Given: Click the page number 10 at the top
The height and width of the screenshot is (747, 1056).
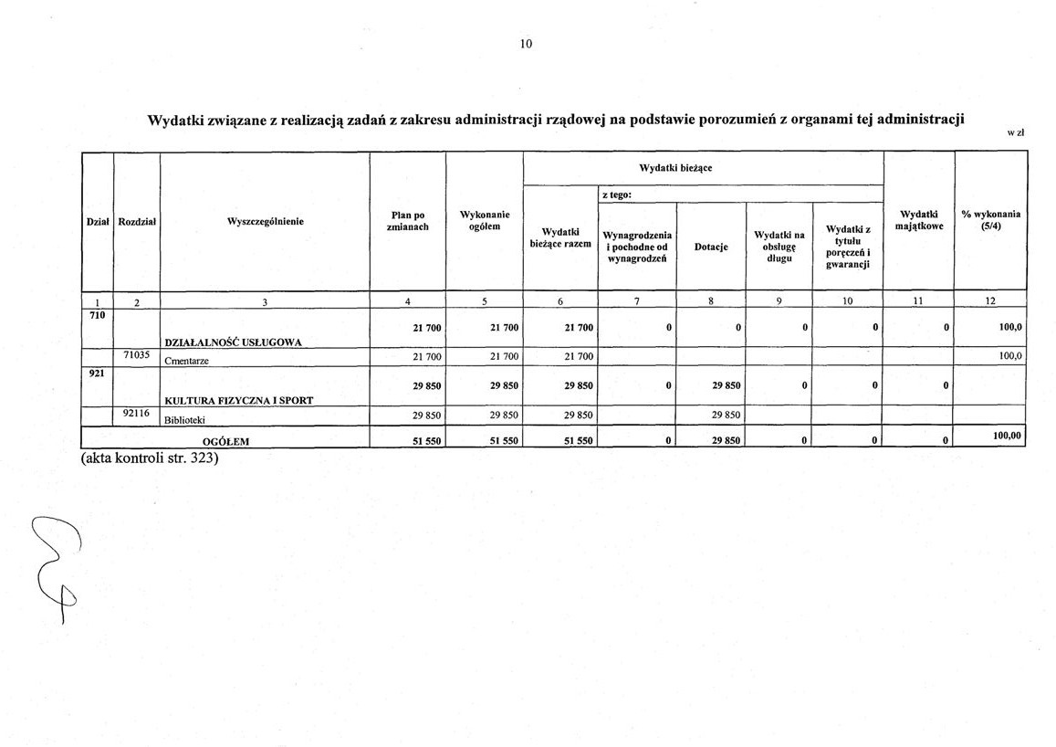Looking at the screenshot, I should click(526, 44).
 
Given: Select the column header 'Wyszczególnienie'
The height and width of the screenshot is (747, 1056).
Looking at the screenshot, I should click(265, 221).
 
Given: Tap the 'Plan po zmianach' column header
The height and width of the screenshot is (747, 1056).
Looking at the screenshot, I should click(407, 221).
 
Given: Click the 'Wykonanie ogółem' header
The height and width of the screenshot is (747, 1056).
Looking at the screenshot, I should click(484, 221).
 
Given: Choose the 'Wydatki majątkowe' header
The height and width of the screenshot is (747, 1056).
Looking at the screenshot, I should click(919, 220).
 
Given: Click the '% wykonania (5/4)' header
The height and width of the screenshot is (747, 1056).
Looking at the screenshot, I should click(990, 220).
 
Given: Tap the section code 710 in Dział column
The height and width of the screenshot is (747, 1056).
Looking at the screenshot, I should click(97, 315).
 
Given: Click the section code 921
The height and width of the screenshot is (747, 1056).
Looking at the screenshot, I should click(97, 373).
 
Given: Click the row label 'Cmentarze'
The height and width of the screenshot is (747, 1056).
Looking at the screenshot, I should click(187, 360).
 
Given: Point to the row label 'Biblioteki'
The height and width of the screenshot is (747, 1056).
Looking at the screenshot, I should click(185, 419).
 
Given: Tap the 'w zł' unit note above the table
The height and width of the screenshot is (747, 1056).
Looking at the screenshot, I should click(1016, 133).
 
